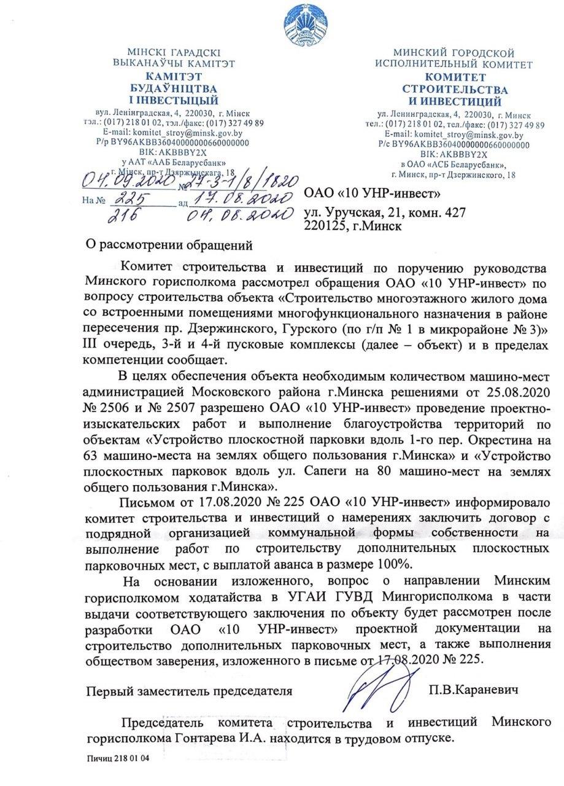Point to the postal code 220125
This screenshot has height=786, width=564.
coord(329,225)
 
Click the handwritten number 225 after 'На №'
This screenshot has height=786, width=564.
coord(137,200)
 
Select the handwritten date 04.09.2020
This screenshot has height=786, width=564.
coord(121,182)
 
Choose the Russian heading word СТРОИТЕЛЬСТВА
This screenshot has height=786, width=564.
coord(454,89)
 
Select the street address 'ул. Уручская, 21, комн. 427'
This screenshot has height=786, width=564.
coord(385,213)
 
